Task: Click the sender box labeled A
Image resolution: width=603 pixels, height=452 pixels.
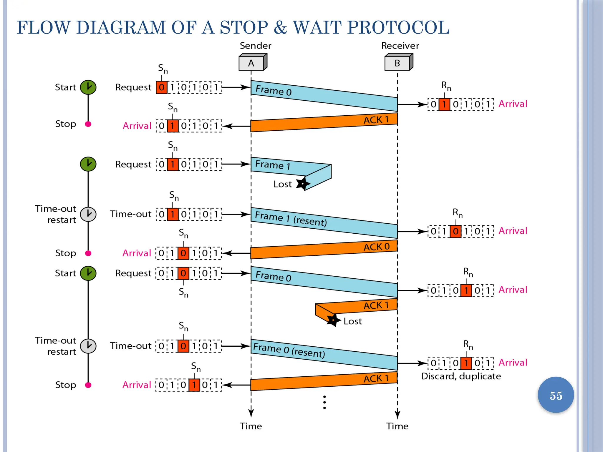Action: (252, 63)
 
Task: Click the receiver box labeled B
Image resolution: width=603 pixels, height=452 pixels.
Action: (398, 63)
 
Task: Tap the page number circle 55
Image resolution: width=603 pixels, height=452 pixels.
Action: (556, 395)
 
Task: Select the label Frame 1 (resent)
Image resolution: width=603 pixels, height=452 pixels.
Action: (291, 219)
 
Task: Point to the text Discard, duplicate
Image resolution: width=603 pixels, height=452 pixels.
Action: (461, 376)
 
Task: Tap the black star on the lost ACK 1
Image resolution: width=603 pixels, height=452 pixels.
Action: (333, 320)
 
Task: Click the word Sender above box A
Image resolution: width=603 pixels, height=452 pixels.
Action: (255, 46)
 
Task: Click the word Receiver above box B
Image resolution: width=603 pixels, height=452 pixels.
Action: (400, 46)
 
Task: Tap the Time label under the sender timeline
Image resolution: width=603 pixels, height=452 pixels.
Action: (251, 426)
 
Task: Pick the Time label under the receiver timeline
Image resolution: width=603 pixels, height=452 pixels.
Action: (397, 426)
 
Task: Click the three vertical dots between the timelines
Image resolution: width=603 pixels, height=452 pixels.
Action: (324, 402)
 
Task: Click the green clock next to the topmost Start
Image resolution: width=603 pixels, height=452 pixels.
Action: (88, 87)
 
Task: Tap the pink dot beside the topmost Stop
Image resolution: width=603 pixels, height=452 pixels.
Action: (88, 124)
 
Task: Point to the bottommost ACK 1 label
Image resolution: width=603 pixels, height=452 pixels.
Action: (376, 378)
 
